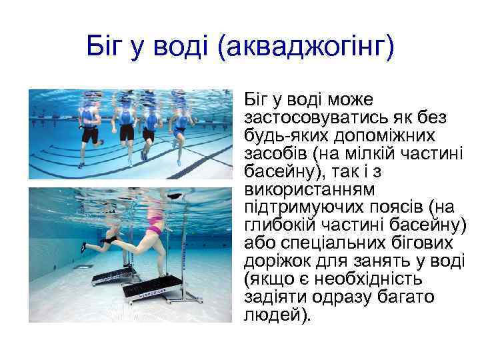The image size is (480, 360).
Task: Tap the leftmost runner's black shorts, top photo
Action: click(x=90, y=133)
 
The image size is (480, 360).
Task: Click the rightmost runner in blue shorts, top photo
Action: click(x=179, y=131)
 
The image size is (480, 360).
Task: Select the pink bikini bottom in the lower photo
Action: click(x=154, y=231)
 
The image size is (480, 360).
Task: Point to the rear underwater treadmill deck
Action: click(x=111, y=274)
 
